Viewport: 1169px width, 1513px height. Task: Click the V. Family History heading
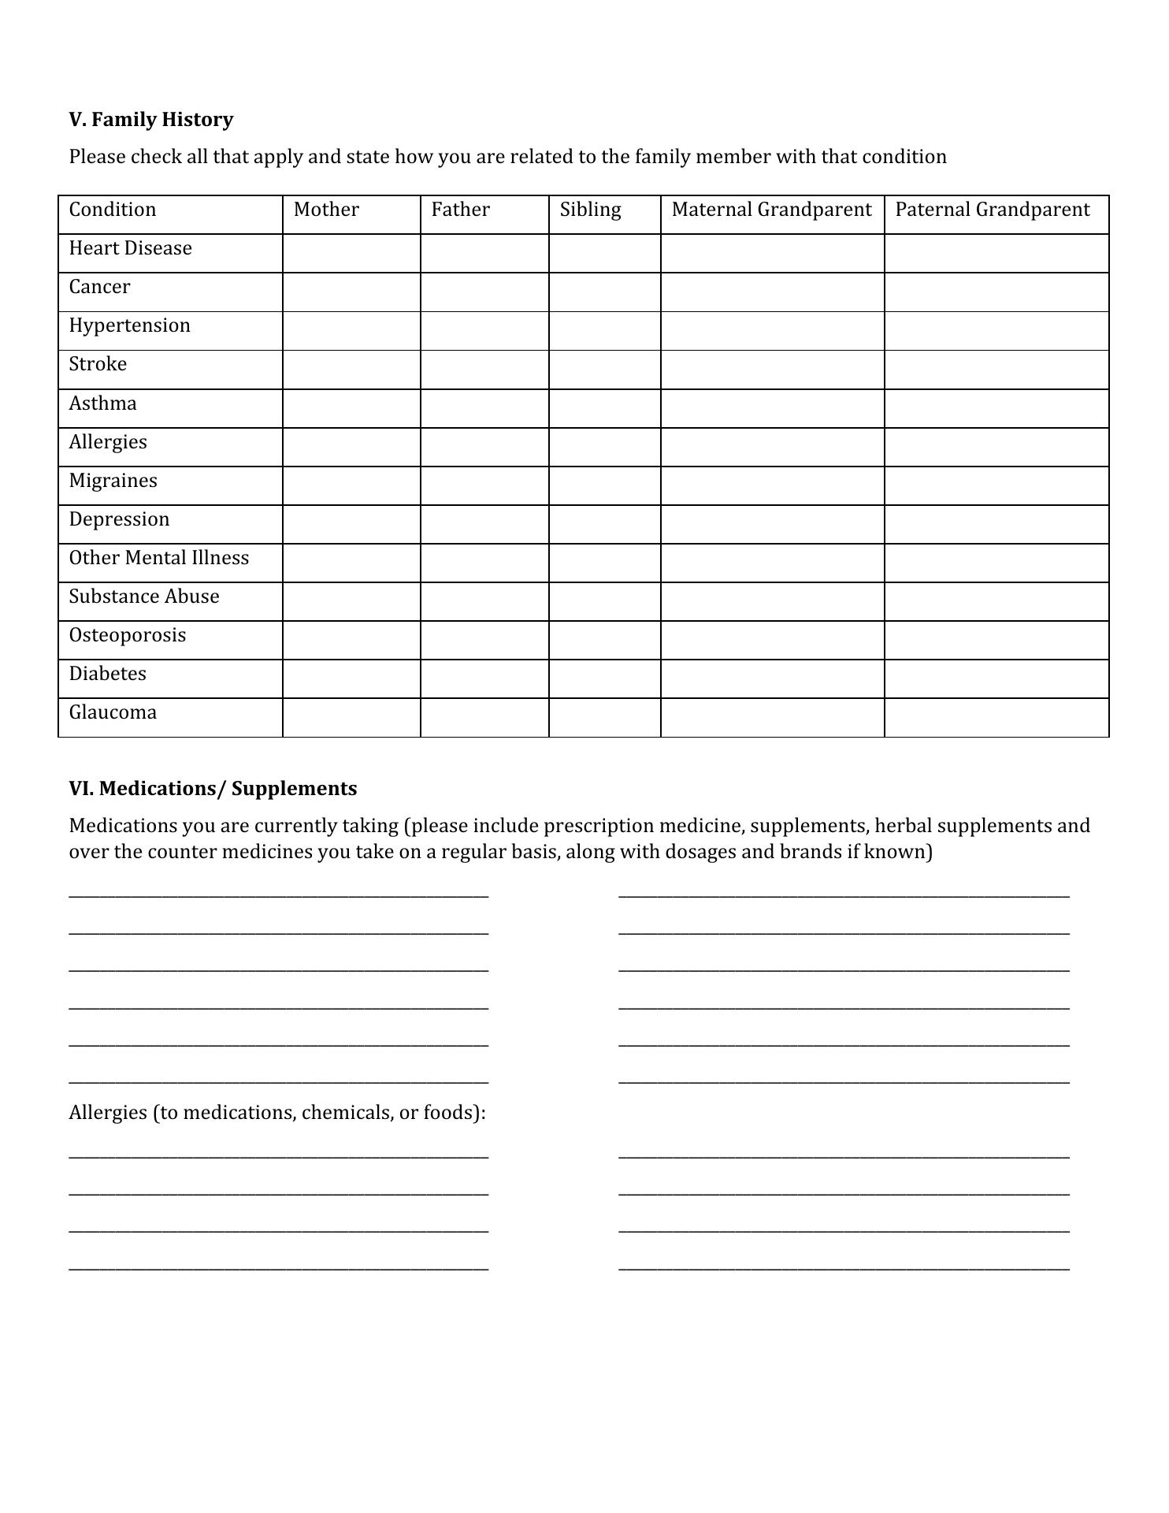pyautogui.click(x=150, y=120)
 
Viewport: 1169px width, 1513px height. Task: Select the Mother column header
pyautogui.click(x=326, y=210)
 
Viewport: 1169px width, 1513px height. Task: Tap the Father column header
pyautogui.click(x=460, y=210)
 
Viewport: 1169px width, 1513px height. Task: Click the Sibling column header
pyautogui.click(x=590, y=210)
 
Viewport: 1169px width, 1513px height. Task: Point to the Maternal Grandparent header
pyautogui.click(x=771, y=210)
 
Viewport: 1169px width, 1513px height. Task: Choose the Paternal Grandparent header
pyautogui.click(x=992, y=210)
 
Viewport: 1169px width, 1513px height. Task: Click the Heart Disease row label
pyautogui.click(x=130, y=248)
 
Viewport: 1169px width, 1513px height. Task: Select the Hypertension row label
pyautogui.click(x=129, y=325)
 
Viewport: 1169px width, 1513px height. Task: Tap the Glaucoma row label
pyautogui.click(x=113, y=712)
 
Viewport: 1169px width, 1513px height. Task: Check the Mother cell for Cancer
pyautogui.click(x=351, y=292)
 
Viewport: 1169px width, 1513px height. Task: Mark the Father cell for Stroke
pyautogui.click(x=484, y=370)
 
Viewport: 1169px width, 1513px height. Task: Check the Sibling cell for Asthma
pyautogui.click(x=604, y=408)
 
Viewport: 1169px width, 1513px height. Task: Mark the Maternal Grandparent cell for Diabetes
pyautogui.click(x=772, y=678)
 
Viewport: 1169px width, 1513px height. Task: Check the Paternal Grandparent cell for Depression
pyautogui.click(x=996, y=524)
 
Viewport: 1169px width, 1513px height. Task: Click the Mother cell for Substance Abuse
pyautogui.click(x=351, y=601)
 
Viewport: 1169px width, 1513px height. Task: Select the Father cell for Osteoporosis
pyautogui.click(x=484, y=640)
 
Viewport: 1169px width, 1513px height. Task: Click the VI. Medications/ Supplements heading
pyautogui.click(x=213, y=789)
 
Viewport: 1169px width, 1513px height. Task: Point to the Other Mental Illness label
pyautogui.click(x=158, y=558)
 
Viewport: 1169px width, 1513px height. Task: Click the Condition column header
pyautogui.click(x=113, y=210)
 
